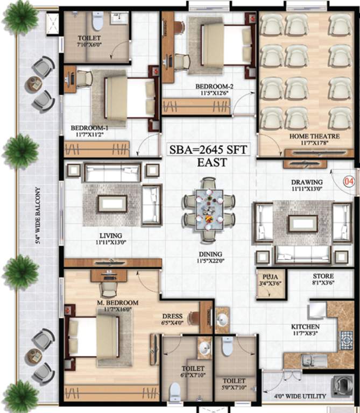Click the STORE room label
click(323, 277)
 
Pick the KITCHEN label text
click(305, 326)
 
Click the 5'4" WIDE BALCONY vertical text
click(38, 215)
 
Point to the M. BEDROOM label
click(118, 303)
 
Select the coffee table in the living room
click(111, 203)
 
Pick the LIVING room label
click(111, 236)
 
